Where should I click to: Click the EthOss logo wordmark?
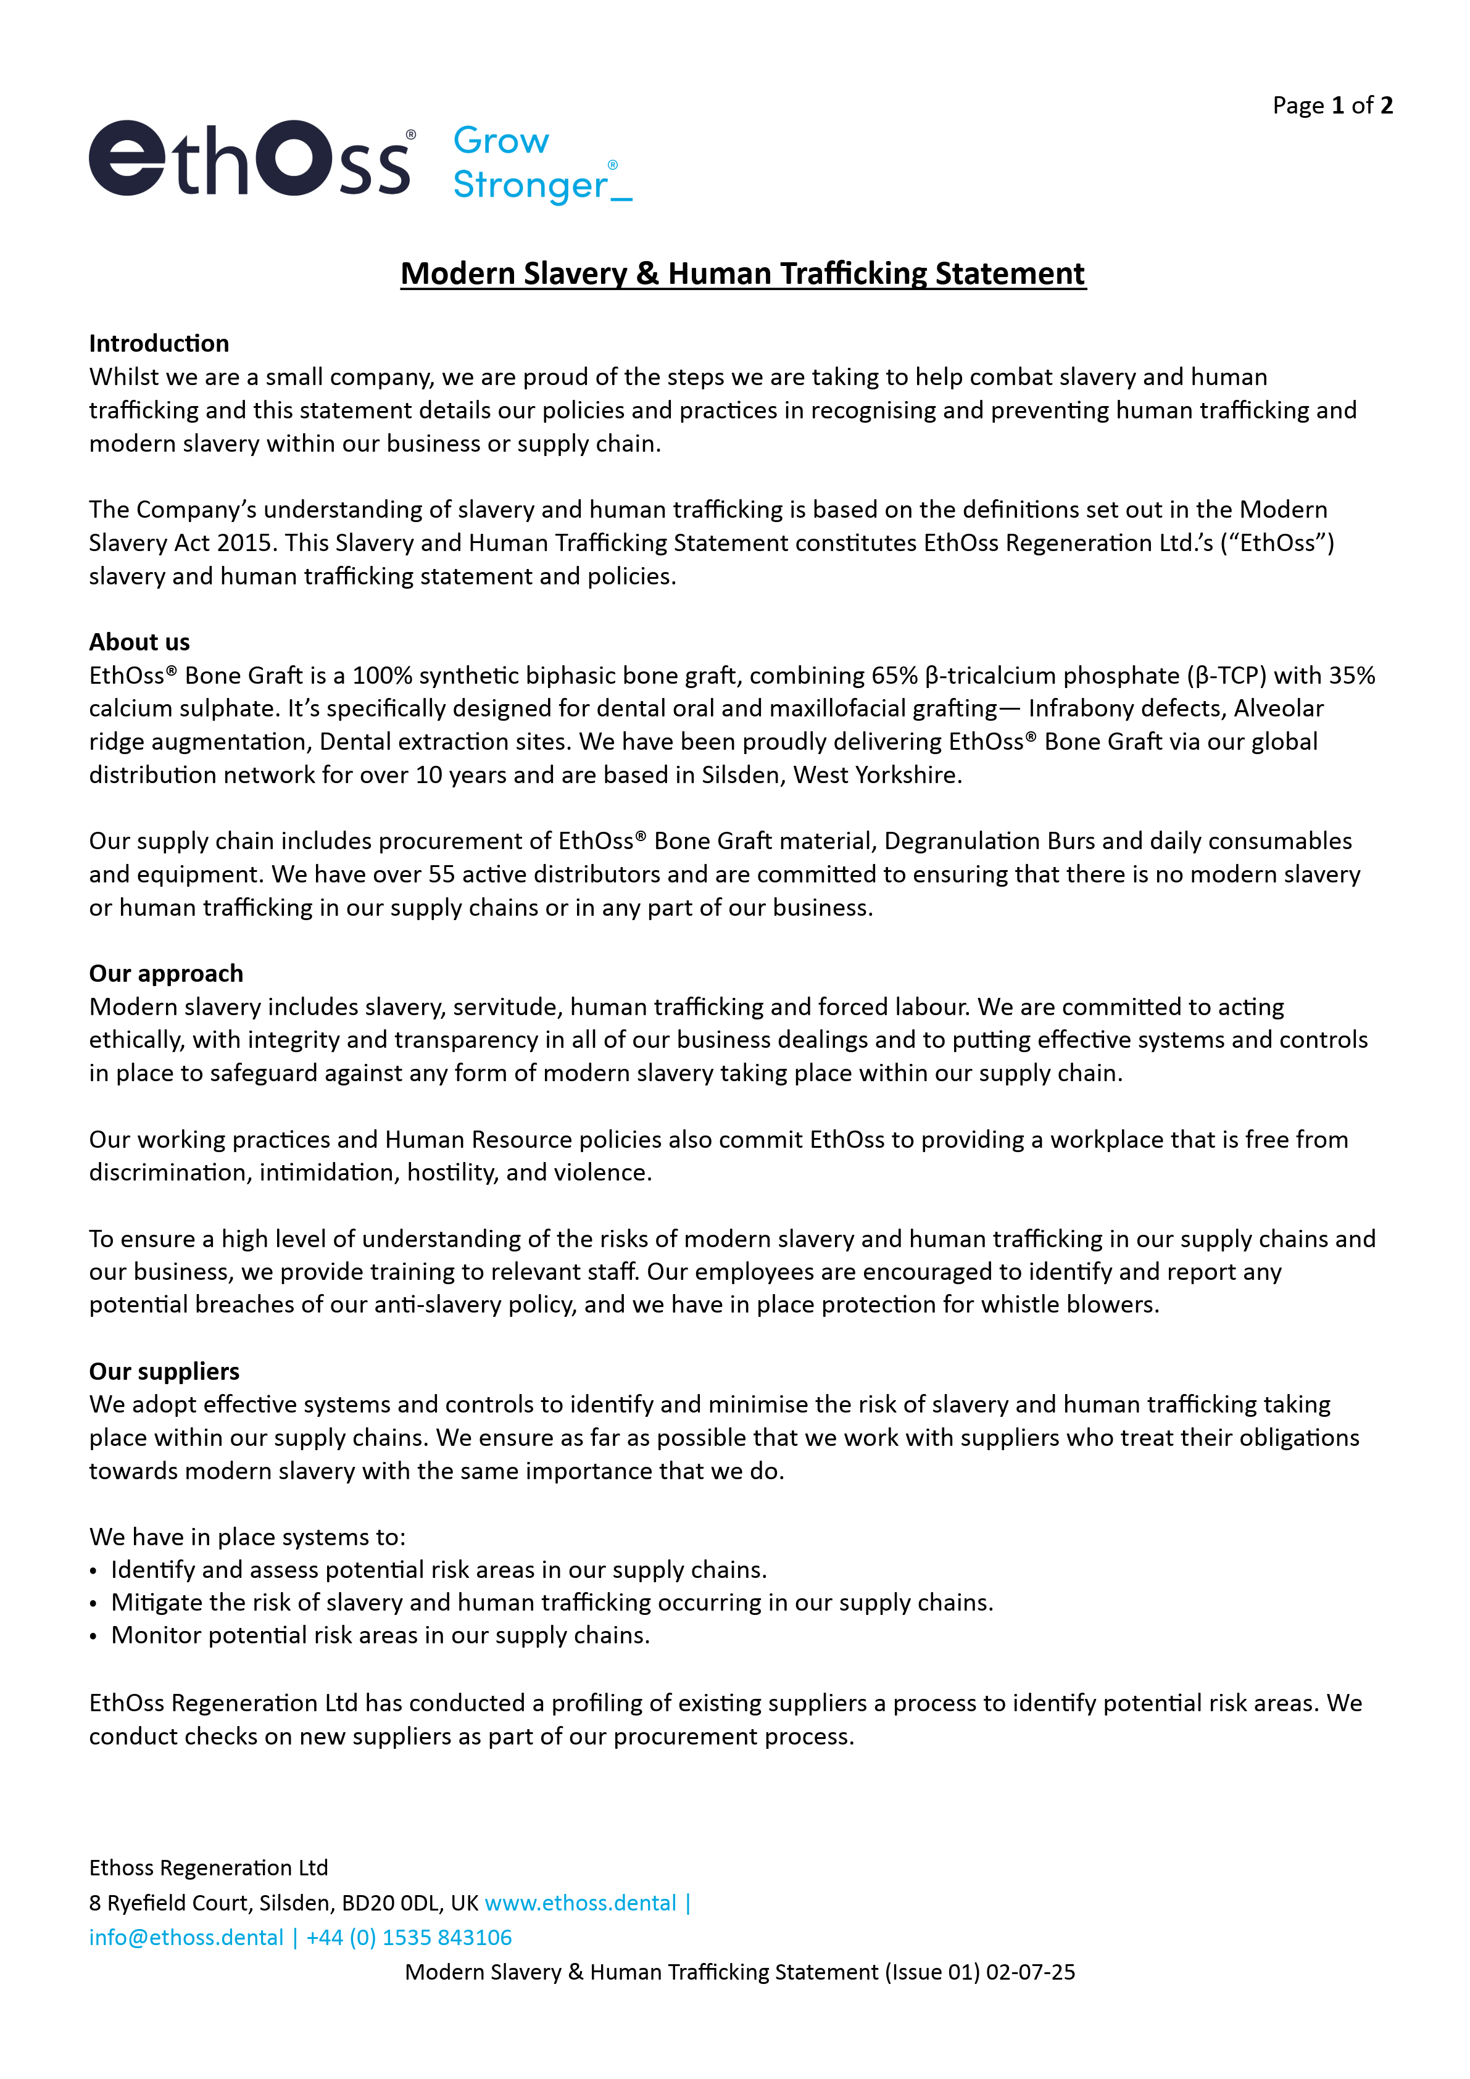tap(252, 159)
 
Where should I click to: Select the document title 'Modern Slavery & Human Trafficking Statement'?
tap(742, 273)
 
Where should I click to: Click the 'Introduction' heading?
tap(159, 343)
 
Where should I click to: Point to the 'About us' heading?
tap(139, 642)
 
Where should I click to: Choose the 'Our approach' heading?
tap(166, 973)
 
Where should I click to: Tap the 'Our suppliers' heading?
tap(164, 1371)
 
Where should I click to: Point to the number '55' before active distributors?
tap(442, 874)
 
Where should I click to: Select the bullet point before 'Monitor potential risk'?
tap(93, 1636)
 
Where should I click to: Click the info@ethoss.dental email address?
tap(186, 1937)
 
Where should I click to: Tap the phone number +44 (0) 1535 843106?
tap(409, 1937)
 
